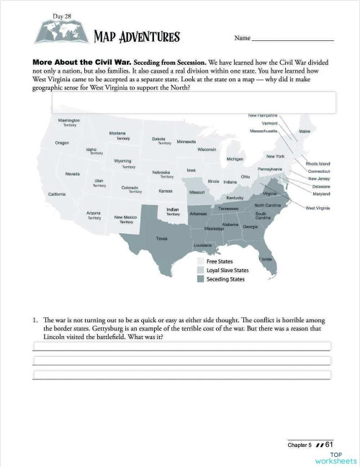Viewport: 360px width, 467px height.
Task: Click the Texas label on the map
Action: [x=162, y=238]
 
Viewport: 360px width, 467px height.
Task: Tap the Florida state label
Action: [x=265, y=258]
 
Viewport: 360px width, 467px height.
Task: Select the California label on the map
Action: [x=57, y=194]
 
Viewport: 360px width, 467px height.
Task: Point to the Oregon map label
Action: [x=62, y=143]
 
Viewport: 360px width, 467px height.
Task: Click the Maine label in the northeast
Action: [x=305, y=131]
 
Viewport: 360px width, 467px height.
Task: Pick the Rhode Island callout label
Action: [x=318, y=164]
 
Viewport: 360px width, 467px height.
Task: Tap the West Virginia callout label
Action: [x=318, y=208]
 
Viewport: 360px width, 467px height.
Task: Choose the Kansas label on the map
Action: [x=166, y=191]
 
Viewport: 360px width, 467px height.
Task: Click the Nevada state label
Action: [x=73, y=173]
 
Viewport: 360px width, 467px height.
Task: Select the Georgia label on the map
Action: [x=251, y=227]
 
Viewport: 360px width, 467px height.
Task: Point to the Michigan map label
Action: [x=235, y=159]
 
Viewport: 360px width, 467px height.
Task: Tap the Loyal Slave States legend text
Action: [x=228, y=271]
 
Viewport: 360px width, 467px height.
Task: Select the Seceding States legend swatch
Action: [x=201, y=279]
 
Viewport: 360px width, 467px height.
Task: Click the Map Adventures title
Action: [x=137, y=37]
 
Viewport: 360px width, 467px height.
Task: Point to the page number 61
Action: [x=329, y=445]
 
